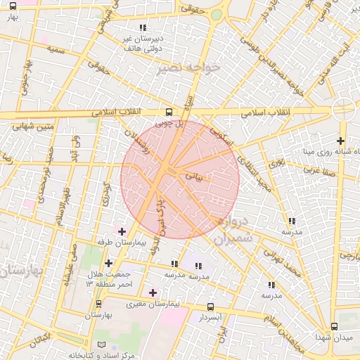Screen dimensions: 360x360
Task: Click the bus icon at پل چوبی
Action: (168, 112)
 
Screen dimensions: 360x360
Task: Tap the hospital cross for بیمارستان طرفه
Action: (122, 231)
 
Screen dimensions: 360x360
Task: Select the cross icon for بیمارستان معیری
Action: (153, 292)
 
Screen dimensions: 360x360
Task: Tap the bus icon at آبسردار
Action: (211, 307)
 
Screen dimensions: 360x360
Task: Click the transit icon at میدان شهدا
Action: (334, 326)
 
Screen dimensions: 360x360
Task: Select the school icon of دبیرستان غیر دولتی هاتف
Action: (143, 27)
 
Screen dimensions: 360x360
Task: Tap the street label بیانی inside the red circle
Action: (193, 176)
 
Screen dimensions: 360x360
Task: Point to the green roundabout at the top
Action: (217, 14)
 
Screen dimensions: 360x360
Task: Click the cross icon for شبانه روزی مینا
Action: (341, 141)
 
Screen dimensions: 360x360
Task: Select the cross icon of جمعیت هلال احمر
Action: (108, 263)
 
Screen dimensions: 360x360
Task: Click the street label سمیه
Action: (56, 50)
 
